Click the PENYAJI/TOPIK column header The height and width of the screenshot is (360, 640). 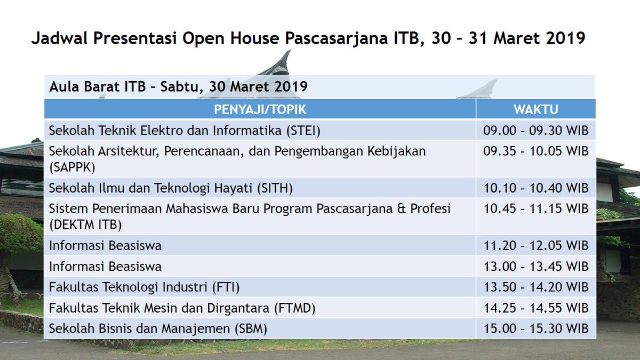pos(260,110)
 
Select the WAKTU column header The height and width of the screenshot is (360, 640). pos(535,110)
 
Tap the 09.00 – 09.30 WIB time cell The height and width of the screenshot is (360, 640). pos(535,131)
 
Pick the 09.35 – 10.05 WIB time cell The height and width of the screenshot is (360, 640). pos(535,151)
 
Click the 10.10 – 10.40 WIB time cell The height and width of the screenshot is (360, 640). pos(535,188)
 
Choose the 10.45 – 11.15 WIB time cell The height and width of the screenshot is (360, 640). pos(535,209)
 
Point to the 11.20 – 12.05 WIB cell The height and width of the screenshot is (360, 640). pos(535,246)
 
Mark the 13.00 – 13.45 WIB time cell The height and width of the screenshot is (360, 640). pos(535,266)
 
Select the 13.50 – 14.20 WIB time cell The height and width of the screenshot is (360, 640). pos(535,287)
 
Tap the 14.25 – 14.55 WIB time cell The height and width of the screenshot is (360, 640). pos(535,308)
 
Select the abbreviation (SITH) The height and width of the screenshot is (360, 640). pos(275,188)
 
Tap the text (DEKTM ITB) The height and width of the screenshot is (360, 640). pos(85,225)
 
